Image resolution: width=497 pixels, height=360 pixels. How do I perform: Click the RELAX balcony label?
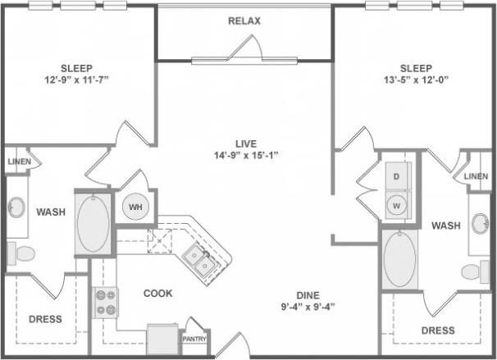click(244, 21)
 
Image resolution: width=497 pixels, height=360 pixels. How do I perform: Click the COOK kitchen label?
click(157, 293)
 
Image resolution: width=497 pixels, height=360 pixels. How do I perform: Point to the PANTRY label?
click(195, 338)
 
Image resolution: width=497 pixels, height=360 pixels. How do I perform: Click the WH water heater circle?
click(135, 207)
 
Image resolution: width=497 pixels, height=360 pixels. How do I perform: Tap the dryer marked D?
click(397, 176)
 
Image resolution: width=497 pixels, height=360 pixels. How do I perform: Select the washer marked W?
click(397, 204)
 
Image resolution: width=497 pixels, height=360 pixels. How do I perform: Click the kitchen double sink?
click(199, 260)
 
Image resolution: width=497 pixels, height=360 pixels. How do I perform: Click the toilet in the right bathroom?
click(473, 271)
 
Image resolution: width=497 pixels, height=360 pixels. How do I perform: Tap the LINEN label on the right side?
click(476, 176)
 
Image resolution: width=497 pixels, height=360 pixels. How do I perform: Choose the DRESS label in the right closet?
click(438, 330)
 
